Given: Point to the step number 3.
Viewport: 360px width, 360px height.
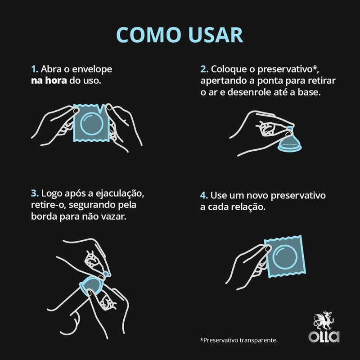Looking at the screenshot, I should point(35,193).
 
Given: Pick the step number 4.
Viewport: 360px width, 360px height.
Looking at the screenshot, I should point(204,196).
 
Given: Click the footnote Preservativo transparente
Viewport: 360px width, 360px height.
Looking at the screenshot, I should point(239,340).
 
